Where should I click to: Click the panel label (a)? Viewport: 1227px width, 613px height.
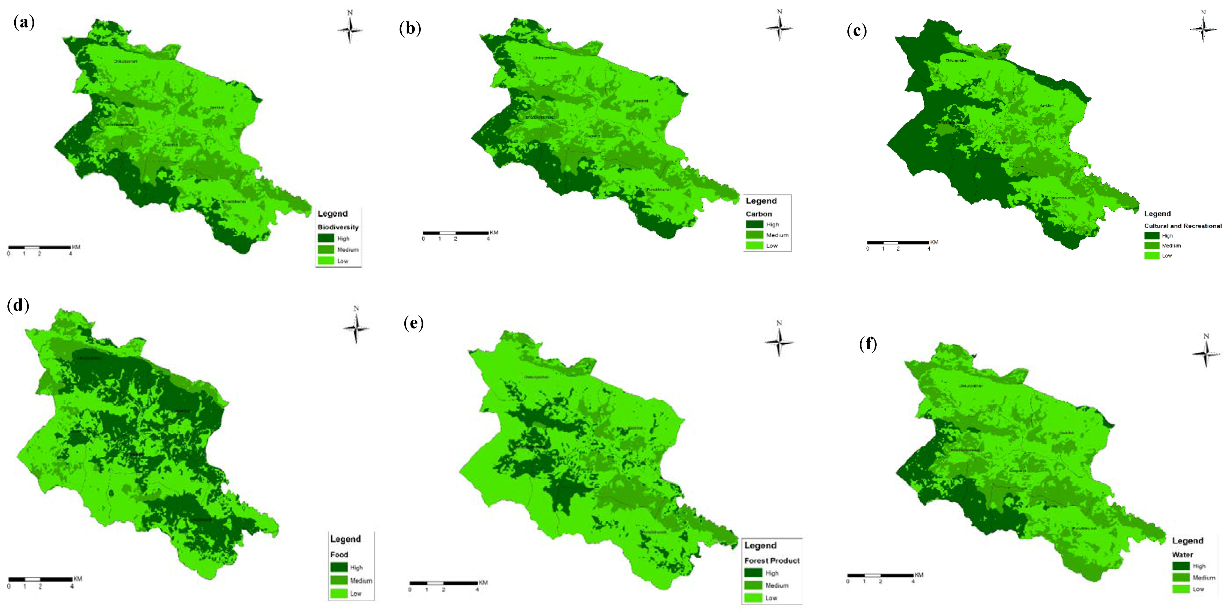[x=24, y=23]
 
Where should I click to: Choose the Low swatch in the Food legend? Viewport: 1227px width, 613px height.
[x=339, y=594]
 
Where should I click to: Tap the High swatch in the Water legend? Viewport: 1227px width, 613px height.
[x=1181, y=566]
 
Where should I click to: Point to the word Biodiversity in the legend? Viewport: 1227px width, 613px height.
[x=338, y=227]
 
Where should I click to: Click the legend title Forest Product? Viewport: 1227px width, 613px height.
[x=772, y=561]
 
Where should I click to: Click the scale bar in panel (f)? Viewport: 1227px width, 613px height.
[x=880, y=575]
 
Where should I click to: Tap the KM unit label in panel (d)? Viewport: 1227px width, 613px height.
[x=78, y=579]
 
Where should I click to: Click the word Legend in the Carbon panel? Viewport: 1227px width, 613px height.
[x=761, y=201]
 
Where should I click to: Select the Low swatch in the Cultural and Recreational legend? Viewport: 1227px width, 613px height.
[x=1152, y=256]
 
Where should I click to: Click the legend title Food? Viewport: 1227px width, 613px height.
[x=339, y=555]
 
